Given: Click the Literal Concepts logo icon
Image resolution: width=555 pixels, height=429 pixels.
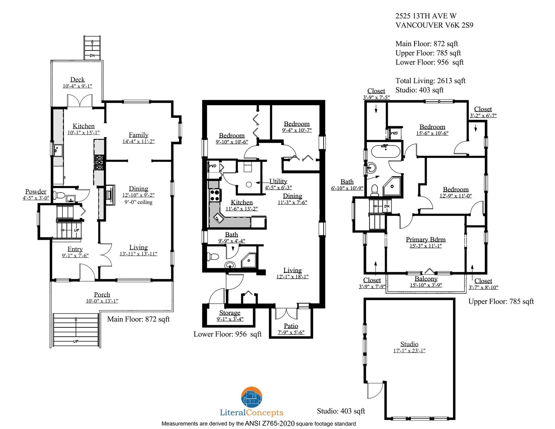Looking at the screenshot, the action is click(251, 397).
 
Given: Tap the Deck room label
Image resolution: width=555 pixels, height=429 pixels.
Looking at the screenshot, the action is click(77, 80).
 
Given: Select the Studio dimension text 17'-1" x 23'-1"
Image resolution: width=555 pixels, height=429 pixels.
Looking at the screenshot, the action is click(409, 351).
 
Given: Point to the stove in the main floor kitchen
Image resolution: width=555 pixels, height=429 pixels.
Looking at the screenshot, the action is click(99, 162).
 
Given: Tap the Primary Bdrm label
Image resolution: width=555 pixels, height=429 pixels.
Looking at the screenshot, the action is click(426, 240).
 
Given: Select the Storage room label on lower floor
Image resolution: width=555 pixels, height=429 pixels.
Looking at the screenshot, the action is click(230, 313).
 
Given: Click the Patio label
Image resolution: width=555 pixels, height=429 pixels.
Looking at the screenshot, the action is click(291, 326).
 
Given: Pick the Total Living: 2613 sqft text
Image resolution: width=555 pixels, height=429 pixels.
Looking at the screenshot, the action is click(430, 81).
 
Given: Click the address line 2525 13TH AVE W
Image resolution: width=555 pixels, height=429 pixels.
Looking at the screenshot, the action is click(426, 16).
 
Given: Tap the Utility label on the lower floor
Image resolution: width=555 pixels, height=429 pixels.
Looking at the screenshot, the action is click(278, 181).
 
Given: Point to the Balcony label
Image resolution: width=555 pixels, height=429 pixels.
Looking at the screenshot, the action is click(426, 279).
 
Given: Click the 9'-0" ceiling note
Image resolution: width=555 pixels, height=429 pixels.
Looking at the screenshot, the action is click(138, 202).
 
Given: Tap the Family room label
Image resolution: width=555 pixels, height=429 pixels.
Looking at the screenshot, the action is click(138, 135).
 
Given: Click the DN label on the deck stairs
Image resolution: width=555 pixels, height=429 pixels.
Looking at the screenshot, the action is click(92, 55).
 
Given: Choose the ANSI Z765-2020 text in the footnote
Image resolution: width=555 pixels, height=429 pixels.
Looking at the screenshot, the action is click(270, 423).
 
